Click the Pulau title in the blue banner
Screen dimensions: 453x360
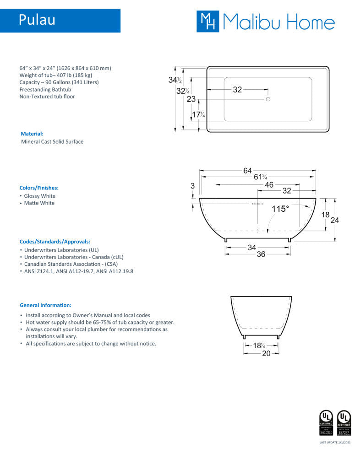tap(37, 21)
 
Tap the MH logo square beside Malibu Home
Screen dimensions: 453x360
tap(207, 22)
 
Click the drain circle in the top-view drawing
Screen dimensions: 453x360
tap(268, 99)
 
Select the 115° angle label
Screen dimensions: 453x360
tap(280, 209)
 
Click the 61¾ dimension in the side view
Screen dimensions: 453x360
tap(260, 178)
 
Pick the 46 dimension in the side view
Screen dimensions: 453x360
tap(269, 185)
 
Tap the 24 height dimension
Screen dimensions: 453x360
tap(335, 220)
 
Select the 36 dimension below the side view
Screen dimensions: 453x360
tap(261, 254)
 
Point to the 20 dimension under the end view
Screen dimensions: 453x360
tap(266, 353)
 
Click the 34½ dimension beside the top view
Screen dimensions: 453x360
tap(175, 80)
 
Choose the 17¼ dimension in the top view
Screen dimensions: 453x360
tap(198, 115)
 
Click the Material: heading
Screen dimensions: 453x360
tap(32, 134)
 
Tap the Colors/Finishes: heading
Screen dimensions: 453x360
tap(39, 188)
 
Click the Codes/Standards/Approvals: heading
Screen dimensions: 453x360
tap(55, 241)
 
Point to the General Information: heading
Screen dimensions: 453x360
tap(45, 305)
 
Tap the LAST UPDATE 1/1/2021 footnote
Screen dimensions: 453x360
tap(334, 442)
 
